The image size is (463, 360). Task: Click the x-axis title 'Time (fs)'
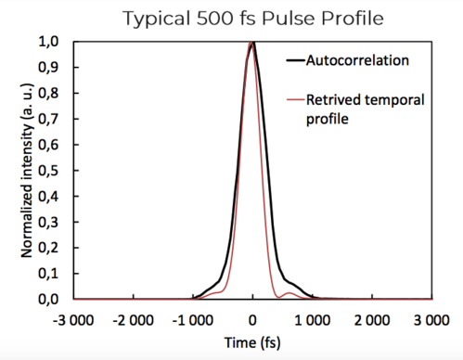point(252,342)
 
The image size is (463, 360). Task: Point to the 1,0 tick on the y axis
point(57,42)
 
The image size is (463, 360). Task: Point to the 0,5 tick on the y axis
point(57,171)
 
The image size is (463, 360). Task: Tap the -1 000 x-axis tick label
point(192,318)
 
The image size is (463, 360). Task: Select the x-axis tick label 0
point(252,318)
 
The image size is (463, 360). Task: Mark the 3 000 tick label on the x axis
point(431,318)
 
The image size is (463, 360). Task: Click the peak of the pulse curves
point(252,43)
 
